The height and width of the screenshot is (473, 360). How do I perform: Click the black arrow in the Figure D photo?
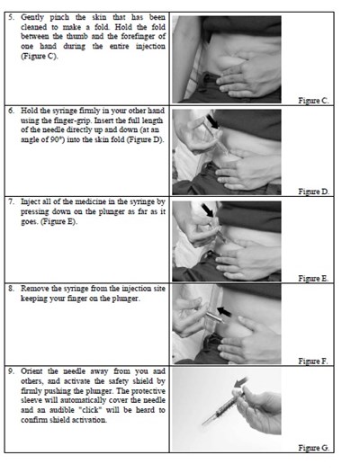coord(212,120)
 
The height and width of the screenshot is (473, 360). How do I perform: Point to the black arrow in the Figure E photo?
coord(210,210)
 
